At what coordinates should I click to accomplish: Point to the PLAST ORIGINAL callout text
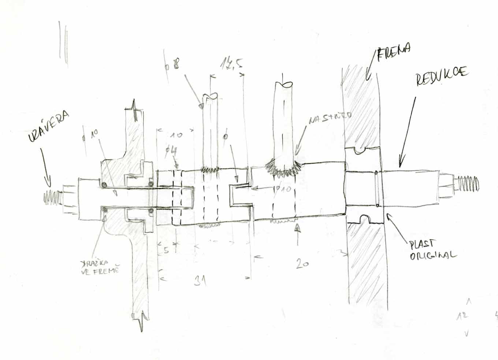432,250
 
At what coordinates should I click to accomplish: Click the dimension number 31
200,281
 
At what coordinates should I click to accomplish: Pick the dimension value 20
302,263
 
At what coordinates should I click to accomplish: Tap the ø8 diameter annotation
172,66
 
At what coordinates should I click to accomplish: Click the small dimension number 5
166,250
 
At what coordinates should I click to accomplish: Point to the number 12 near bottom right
462,316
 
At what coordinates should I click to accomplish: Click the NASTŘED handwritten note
330,118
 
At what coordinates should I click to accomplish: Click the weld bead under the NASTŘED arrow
284,168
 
